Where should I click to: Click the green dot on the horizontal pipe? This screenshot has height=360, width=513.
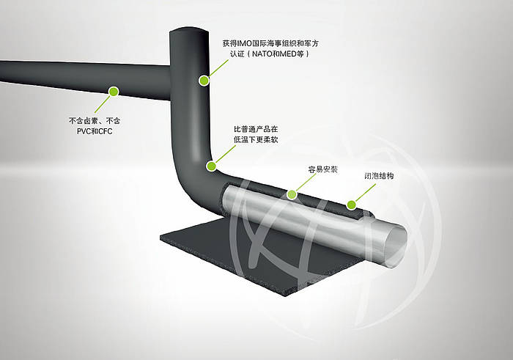click(x=113, y=92)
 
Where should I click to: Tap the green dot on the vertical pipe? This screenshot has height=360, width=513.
click(x=203, y=81)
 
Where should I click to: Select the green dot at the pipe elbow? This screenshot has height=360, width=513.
click(x=210, y=166)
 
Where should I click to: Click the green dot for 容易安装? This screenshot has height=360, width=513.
click(x=292, y=194)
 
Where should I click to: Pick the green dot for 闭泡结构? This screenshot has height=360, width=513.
click(x=351, y=205)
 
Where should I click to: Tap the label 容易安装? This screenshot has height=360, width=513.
click(x=322, y=169)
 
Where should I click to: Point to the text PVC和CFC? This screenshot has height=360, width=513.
click(x=93, y=131)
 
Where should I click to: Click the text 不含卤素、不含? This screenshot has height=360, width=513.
click(x=94, y=120)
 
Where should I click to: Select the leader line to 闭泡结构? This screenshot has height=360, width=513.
click(x=364, y=193)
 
